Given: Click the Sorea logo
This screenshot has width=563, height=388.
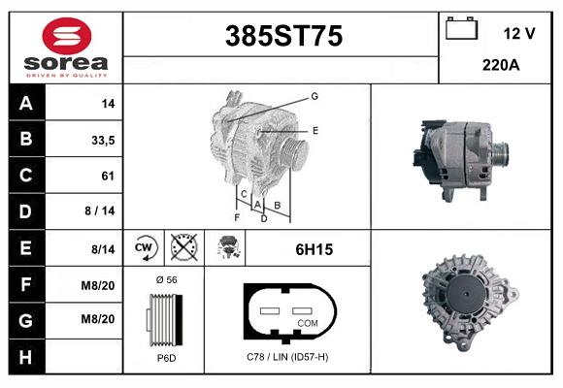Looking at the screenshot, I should tap(66, 48).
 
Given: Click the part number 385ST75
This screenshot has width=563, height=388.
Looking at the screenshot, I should tap(283, 36).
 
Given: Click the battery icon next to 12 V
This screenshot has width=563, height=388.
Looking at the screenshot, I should tap(459, 29).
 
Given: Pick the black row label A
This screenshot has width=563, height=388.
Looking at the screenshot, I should tap(27, 103).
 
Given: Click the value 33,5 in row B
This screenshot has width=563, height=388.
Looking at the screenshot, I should tap(102, 140).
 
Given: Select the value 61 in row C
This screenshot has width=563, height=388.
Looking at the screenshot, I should tap(108, 176).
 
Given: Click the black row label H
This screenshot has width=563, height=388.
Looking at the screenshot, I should tap(27, 357).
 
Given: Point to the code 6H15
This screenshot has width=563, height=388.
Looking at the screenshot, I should tap(314, 249).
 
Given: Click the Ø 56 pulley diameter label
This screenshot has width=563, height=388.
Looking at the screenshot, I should tap(165, 279).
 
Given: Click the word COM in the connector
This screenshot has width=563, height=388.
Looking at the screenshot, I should tap(308, 323).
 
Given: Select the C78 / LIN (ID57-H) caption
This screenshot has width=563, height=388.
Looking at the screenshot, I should tap(287, 358).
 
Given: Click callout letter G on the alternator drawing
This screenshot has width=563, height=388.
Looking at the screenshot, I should tap(315, 96).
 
